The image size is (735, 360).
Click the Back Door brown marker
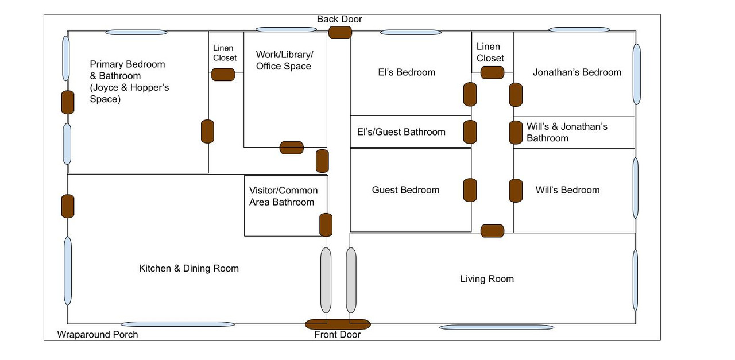[x=340, y=33]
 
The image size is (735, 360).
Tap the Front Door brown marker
[x=338, y=324]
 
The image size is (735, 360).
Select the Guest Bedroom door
[x=470, y=190]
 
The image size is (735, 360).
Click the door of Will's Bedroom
[x=516, y=191]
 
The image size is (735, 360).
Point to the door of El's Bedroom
[x=470, y=95]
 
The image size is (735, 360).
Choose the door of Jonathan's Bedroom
[x=516, y=95]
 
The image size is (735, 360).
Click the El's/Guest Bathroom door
[x=470, y=132]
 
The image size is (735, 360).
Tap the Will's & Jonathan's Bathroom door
[x=516, y=132]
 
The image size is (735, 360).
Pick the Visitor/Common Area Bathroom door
[x=326, y=225]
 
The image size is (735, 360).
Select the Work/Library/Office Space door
[x=291, y=148]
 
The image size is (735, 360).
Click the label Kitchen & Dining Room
[x=189, y=268]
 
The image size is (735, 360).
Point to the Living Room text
[x=487, y=278]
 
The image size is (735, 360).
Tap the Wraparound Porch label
[x=98, y=334]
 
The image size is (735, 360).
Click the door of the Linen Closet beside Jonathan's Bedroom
[x=492, y=72]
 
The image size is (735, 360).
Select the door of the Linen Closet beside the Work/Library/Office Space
[x=223, y=75]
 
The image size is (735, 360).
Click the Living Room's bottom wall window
[x=497, y=327]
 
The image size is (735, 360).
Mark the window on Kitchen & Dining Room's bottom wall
[x=178, y=324]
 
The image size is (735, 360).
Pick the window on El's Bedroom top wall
[x=411, y=32]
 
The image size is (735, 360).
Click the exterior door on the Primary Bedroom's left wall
[x=68, y=102]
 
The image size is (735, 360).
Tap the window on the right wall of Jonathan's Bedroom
[x=637, y=74]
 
